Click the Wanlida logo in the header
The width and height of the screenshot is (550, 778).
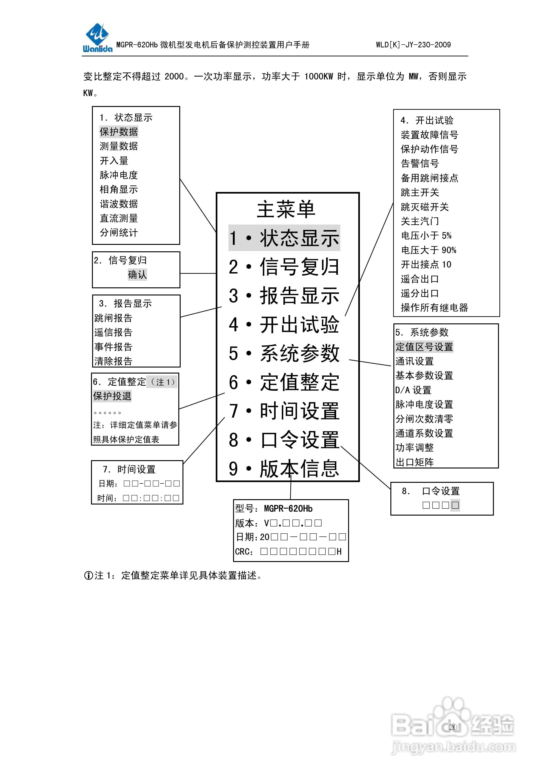(97, 38)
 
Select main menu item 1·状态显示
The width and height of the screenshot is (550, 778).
(284, 238)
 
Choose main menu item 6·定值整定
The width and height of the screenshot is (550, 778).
(284, 382)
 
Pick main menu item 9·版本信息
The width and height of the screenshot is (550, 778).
(284, 469)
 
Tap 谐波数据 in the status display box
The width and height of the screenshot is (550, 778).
(119, 204)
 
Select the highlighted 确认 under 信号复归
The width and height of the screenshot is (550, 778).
(137, 274)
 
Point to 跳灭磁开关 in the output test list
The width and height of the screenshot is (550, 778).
(425, 207)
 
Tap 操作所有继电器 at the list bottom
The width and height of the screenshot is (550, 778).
(434, 308)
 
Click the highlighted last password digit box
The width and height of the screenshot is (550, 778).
(455, 505)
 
